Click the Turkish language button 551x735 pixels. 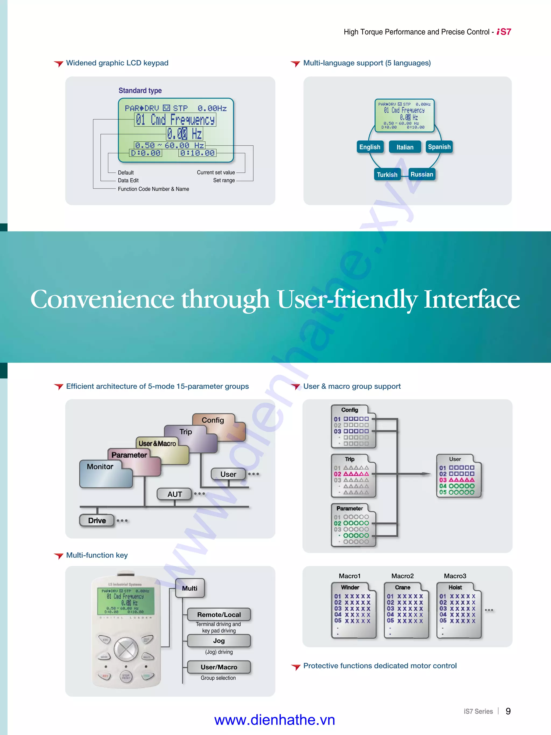pos(387,175)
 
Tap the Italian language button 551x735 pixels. pos(405,147)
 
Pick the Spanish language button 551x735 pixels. pos(439,147)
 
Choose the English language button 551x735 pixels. pos(370,147)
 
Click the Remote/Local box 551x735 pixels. pos(219,615)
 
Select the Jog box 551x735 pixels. pos(219,641)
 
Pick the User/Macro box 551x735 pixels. pos(219,667)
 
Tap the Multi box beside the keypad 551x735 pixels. pos(190,588)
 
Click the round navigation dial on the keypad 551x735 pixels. pos(126,649)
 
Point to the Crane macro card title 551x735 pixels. pos(402,587)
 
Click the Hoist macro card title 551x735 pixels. pos(455,587)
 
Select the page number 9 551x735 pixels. pos(508,711)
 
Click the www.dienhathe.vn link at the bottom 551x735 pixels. pos(274,720)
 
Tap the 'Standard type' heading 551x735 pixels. pos(140,91)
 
